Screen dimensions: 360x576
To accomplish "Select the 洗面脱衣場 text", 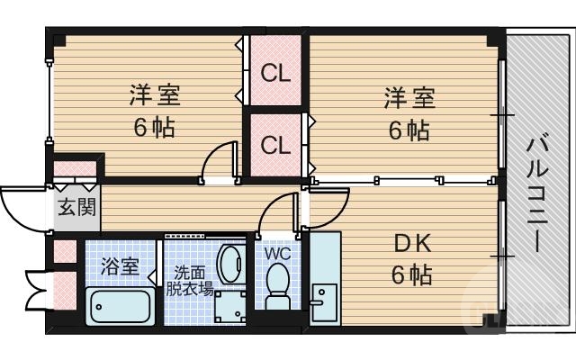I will tap(189, 281).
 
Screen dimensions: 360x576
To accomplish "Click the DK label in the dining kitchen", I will tap(412, 244).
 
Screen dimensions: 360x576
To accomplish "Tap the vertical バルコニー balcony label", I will tap(538, 193).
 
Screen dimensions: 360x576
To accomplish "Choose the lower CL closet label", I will tap(275, 144).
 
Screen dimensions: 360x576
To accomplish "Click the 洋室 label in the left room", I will tap(151, 94).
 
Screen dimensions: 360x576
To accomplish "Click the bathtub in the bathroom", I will tap(121, 305).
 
